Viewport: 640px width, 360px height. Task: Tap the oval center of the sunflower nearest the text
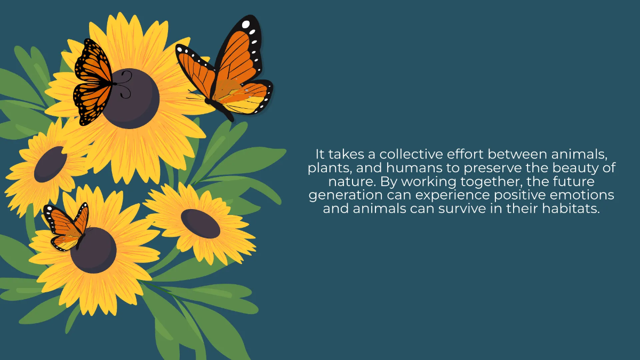pos(201,223)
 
